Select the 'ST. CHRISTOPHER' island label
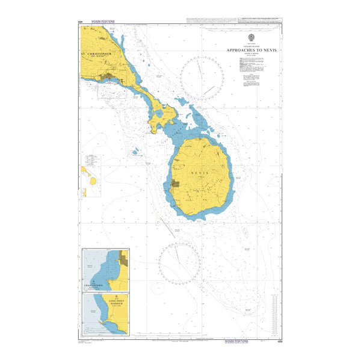97,53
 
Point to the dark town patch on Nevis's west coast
175,184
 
